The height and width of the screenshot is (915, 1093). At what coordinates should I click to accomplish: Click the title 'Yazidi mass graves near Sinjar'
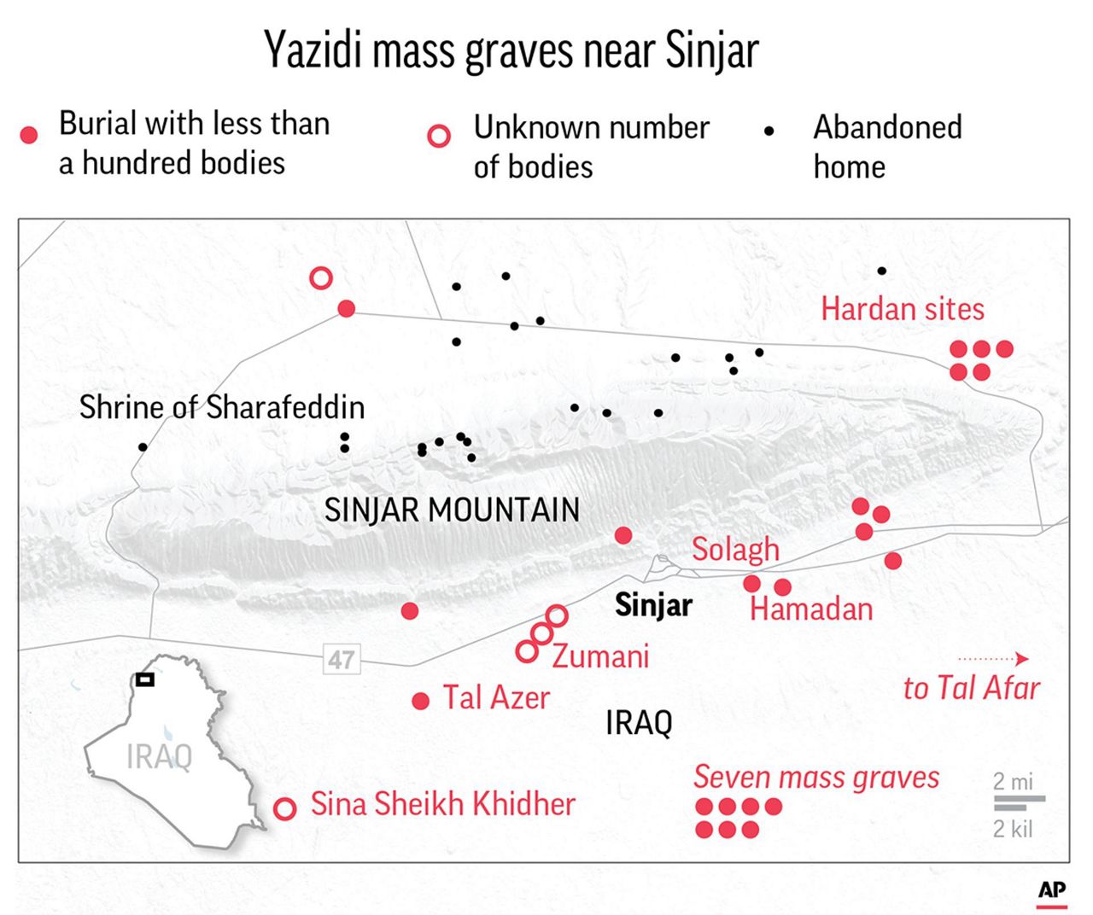(x=511, y=50)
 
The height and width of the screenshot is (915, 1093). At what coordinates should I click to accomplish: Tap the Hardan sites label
(x=902, y=308)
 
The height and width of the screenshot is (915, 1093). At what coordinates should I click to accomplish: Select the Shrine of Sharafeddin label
(x=222, y=407)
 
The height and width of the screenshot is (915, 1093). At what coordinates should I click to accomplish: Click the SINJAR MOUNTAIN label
(x=452, y=510)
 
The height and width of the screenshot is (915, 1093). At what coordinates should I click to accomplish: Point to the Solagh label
(x=735, y=549)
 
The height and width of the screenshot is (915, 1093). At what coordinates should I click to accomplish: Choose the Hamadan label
(x=811, y=609)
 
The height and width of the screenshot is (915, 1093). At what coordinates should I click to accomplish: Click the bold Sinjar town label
(x=653, y=605)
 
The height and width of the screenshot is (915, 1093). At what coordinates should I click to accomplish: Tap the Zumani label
(x=600, y=656)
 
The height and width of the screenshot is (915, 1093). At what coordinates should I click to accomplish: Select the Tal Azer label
(x=496, y=698)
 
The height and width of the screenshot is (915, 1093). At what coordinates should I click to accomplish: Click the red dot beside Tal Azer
(x=420, y=702)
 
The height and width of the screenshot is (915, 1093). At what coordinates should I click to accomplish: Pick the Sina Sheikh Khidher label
(x=442, y=804)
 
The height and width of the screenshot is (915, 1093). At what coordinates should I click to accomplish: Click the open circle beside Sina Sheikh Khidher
(x=284, y=808)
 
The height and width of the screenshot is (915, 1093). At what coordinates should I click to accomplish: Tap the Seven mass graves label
(x=815, y=778)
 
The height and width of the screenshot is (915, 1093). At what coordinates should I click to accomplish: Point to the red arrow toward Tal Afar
(x=993, y=659)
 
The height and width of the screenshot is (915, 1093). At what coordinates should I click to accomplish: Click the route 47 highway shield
(x=342, y=660)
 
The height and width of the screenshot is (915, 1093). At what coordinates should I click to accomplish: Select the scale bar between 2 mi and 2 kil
(x=1018, y=802)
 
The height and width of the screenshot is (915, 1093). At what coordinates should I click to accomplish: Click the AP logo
(x=1052, y=891)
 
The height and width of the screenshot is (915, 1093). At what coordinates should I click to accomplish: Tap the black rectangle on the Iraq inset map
(x=144, y=680)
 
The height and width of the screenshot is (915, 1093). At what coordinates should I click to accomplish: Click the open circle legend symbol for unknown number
(x=439, y=137)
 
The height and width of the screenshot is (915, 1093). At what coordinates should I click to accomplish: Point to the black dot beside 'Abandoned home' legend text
(x=769, y=131)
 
